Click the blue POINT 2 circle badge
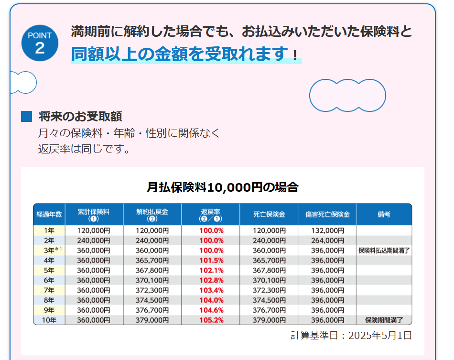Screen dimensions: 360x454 click(x=40, y=44)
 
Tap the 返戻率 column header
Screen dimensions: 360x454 click(x=210, y=215)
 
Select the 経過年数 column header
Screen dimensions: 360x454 click(x=49, y=215)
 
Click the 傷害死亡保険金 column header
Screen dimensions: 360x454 click(x=327, y=215)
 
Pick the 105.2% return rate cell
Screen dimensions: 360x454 click(x=211, y=320)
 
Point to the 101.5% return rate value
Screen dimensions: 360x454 click(x=211, y=260)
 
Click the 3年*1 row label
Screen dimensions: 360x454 click(x=49, y=250)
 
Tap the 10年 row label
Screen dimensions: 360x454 click(x=49, y=320)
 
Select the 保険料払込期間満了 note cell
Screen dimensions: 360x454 click(x=384, y=250)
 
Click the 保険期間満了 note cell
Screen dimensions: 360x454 click(x=384, y=320)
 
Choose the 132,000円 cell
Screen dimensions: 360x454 click(x=327, y=230)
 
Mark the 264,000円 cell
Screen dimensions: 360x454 click(x=327, y=240)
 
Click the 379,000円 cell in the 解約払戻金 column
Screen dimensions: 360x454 click(x=152, y=320)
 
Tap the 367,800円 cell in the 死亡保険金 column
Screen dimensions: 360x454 click(x=269, y=270)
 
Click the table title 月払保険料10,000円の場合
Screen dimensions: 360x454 click(x=222, y=187)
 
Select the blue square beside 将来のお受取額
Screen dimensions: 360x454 click(x=27, y=116)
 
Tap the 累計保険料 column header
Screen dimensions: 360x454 click(x=94, y=215)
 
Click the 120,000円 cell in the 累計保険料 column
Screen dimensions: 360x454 click(x=94, y=230)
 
